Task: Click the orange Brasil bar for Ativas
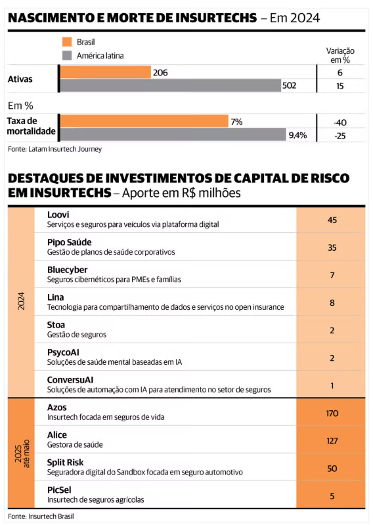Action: (x=106, y=72)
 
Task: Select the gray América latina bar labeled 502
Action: (x=171, y=85)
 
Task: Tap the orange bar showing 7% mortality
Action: (x=144, y=121)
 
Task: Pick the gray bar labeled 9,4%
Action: (x=173, y=135)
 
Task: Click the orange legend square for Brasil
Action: (x=67, y=42)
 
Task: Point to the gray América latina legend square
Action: (x=67, y=56)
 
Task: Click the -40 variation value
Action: (x=340, y=123)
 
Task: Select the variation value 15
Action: (x=340, y=86)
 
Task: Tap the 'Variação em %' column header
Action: (x=340, y=56)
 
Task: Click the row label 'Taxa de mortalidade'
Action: (x=31, y=126)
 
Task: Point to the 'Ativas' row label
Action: (x=20, y=79)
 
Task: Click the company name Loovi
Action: (x=58, y=215)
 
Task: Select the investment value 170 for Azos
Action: (x=332, y=413)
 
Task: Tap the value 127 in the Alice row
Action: (x=332, y=440)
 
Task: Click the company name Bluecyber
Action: (x=68, y=270)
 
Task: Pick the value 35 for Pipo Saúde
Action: (x=332, y=247)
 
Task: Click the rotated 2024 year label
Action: (x=21, y=301)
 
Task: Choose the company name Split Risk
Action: (x=66, y=463)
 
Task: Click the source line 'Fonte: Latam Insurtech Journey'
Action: (x=55, y=149)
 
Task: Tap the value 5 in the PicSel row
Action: (x=332, y=496)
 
